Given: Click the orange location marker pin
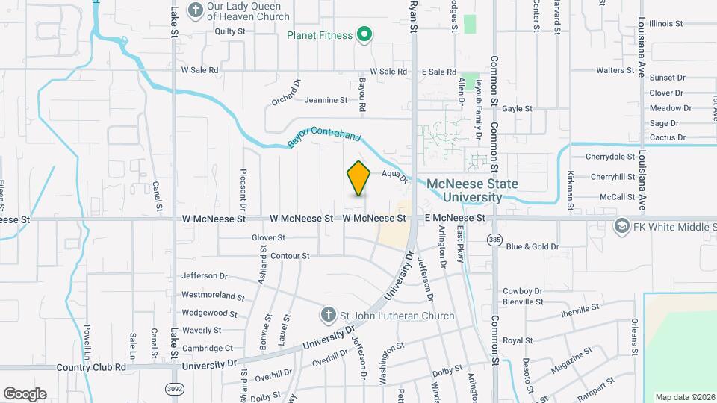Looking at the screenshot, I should coord(359,178).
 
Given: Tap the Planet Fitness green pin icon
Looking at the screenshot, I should coord(364,34).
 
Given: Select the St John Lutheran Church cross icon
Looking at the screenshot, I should coord(328,315).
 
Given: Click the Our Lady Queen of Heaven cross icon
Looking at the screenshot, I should coord(196,10).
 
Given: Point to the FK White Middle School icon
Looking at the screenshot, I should coord(621,225).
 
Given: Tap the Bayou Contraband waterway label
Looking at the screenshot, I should coord(324,140).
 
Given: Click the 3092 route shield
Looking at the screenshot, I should coord(174,389).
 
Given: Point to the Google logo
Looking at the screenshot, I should coord(25,393).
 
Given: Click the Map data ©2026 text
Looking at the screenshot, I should coord(685,397).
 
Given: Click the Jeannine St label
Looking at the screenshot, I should coord(326,99).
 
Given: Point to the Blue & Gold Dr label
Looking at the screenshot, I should coord(532,246).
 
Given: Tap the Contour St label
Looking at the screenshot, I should coord(290,256).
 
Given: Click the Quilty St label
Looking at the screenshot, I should coord(230,31).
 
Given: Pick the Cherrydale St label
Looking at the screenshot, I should coord(610,157).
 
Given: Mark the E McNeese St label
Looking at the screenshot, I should coord(455,219).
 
